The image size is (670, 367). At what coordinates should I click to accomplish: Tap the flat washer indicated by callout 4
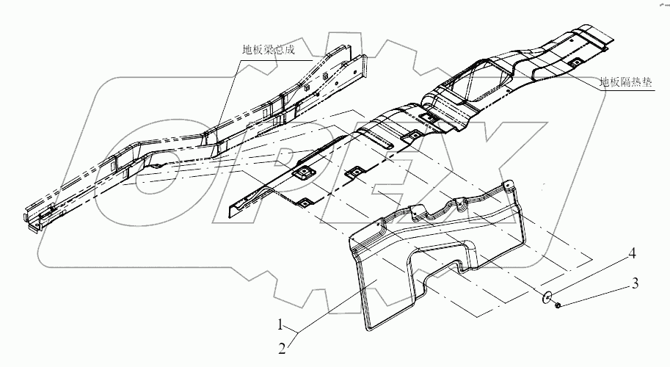[x=547, y=297]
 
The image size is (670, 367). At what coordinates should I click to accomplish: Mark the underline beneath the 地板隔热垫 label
[x=624, y=89]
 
